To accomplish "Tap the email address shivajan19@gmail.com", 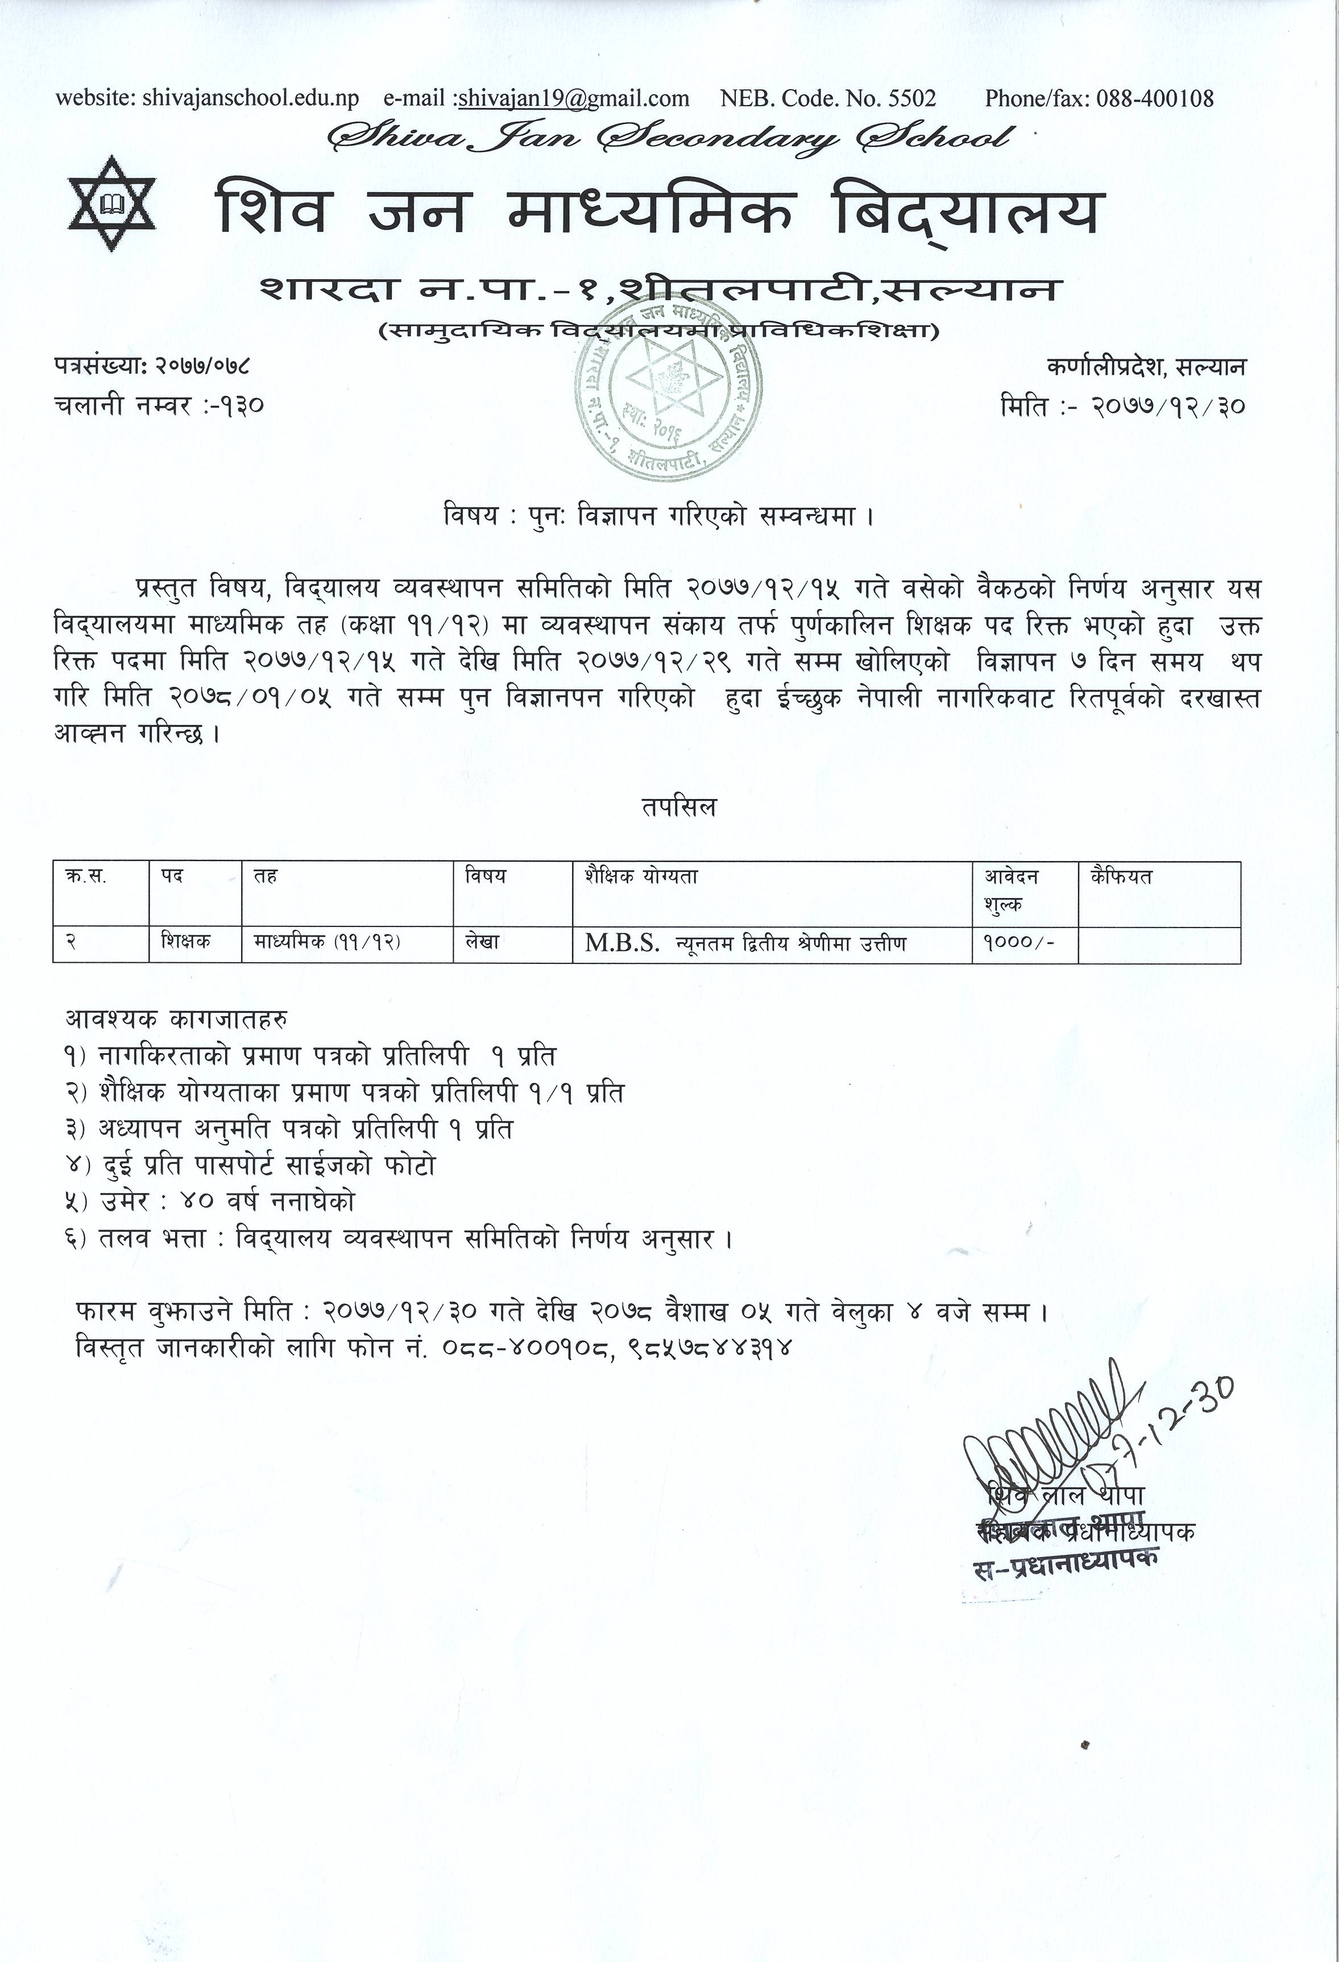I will tap(573, 99).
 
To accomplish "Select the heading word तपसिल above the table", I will tap(677, 807).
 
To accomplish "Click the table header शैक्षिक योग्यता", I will tap(641, 877).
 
